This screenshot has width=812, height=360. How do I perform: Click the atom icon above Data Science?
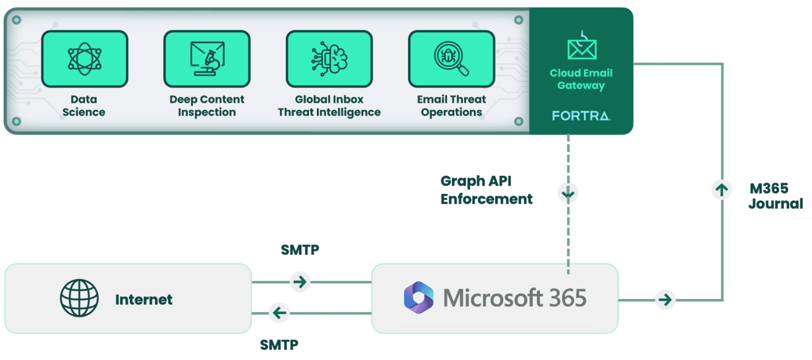(85, 59)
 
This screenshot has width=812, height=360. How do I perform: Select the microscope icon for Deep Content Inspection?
(207, 59)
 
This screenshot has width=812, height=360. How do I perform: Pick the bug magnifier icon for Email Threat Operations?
(451, 59)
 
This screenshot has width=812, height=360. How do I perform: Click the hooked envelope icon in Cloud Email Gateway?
(582, 47)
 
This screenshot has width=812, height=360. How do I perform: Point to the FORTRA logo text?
(581, 116)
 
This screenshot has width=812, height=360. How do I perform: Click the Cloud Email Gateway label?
(581, 79)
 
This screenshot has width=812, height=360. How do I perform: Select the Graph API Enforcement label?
(486, 190)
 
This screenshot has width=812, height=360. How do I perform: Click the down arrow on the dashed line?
(568, 193)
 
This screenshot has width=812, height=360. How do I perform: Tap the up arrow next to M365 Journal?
(722, 189)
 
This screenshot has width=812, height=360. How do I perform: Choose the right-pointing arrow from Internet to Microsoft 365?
(300, 282)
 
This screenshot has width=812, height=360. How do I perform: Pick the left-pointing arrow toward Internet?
(279, 313)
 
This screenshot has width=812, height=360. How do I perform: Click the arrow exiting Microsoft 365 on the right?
(665, 300)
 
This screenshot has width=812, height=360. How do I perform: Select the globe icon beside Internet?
(79, 298)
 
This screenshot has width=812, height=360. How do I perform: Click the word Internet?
(144, 300)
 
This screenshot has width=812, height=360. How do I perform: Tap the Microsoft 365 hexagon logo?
(419, 298)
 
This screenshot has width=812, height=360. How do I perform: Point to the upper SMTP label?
(300, 250)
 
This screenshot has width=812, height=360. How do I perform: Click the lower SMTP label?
(279, 345)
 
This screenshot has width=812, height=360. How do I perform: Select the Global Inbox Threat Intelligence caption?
(329, 106)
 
